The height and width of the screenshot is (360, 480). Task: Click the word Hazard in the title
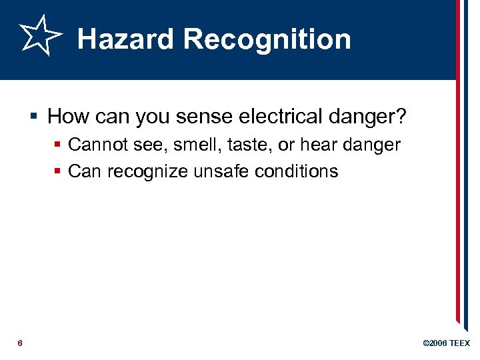point(125,39)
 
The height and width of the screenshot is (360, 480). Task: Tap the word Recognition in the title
point(267,39)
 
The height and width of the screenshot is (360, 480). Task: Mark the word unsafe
point(216,171)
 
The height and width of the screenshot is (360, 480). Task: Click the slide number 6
point(20,343)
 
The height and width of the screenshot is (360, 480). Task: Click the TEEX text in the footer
point(459,343)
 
